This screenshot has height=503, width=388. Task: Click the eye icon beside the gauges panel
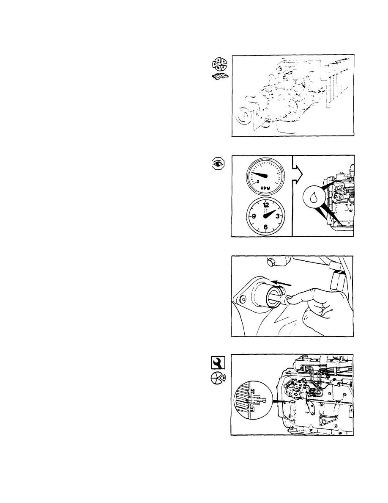[219, 163]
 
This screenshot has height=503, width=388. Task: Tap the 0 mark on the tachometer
[258, 181]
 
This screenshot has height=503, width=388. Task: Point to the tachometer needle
[260, 175]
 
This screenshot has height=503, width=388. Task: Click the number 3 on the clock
[278, 216]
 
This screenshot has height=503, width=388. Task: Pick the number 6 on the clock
[265, 227]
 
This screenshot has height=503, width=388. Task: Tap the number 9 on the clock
[254, 216]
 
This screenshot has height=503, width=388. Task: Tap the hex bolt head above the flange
[271, 263]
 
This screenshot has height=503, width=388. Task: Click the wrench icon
[219, 363]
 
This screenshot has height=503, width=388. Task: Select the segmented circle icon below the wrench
[218, 379]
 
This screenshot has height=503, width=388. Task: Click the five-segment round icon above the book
[219, 64]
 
